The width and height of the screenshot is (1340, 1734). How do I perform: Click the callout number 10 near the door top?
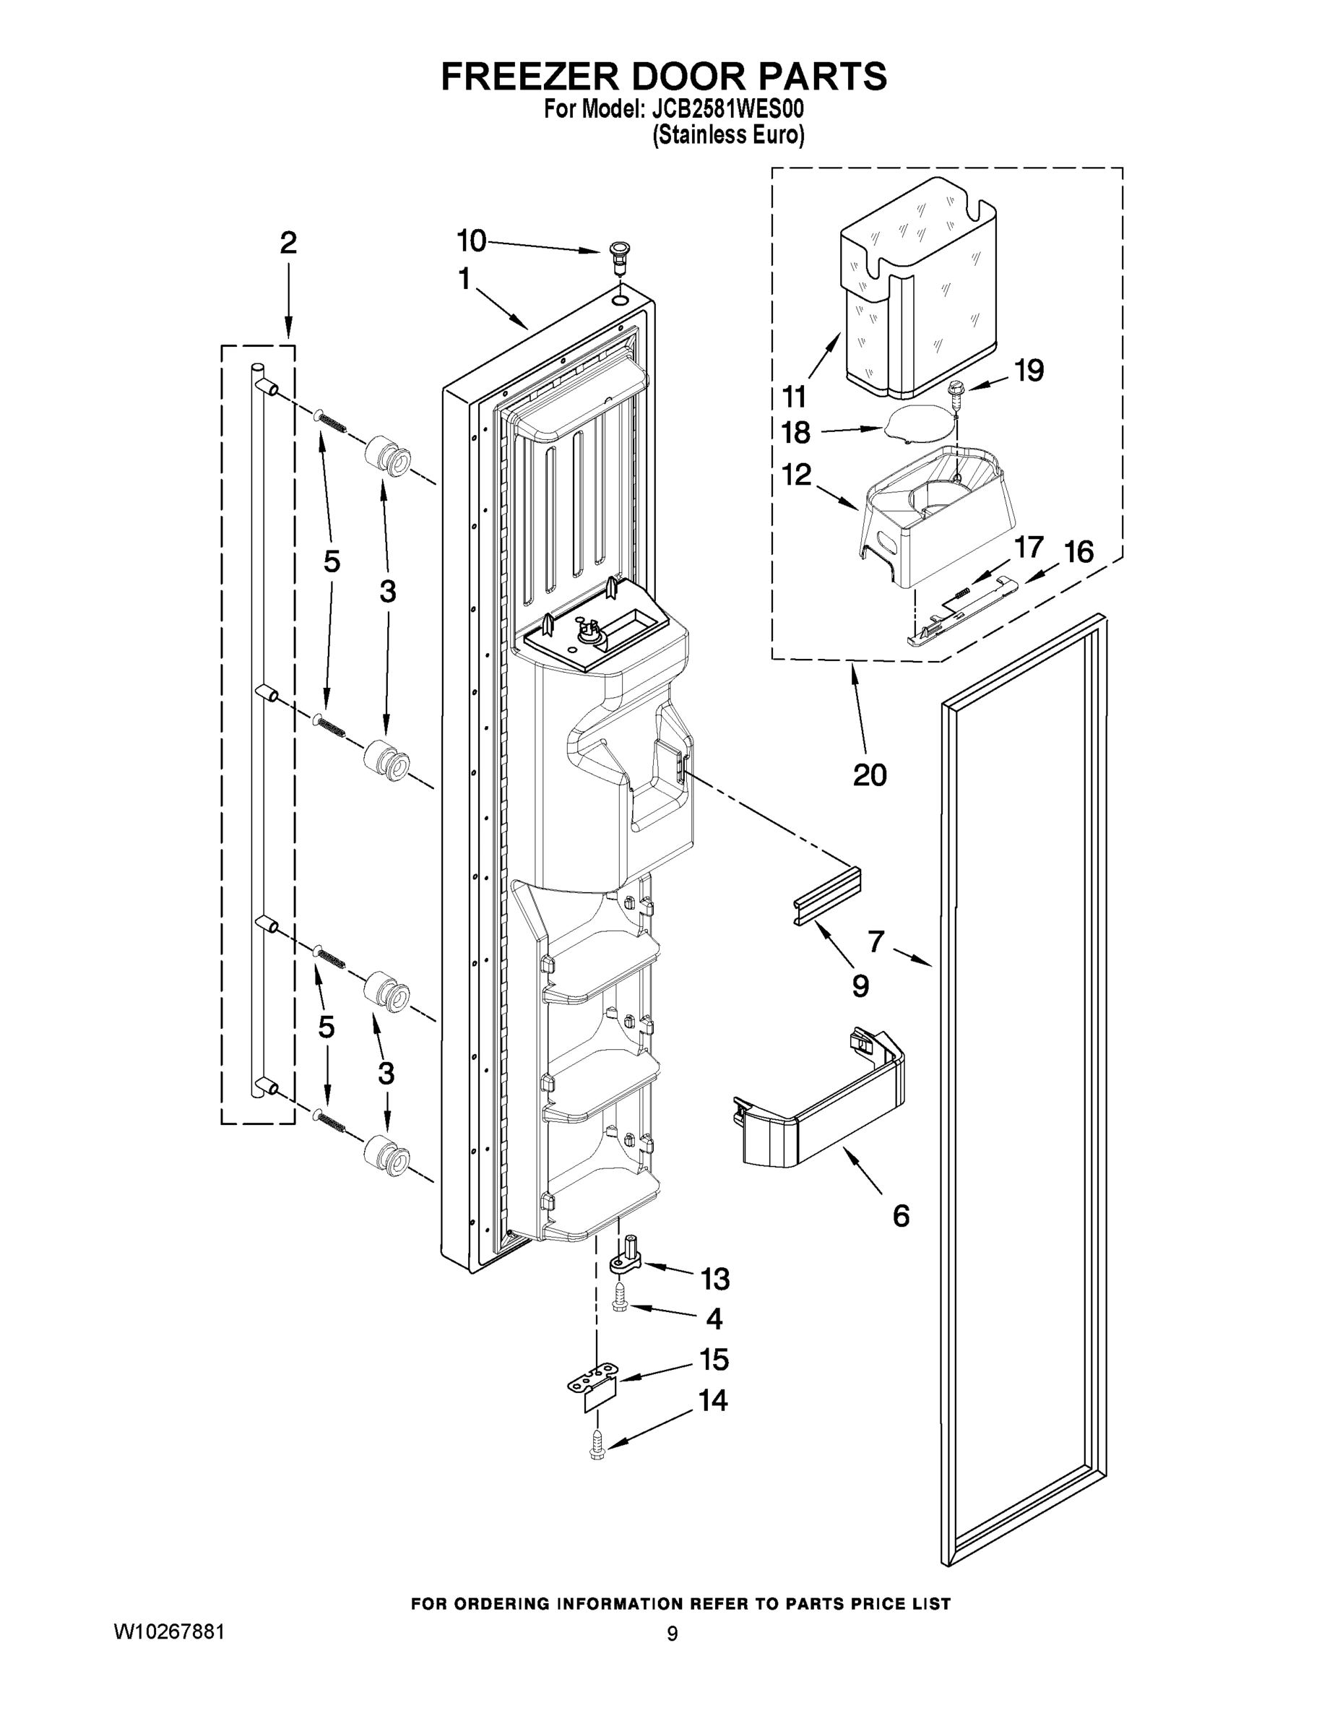[x=471, y=240]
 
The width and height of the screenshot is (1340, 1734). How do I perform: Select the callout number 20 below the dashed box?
[x=869, y=774]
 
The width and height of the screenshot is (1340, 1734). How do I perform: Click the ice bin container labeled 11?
[x=918, y=290]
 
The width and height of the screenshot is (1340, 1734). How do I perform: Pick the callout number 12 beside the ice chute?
[x=796, y=475]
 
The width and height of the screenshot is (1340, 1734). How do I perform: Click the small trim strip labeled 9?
[x=827, y=894]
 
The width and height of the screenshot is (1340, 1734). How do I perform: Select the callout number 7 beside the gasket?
[x=876, y=941]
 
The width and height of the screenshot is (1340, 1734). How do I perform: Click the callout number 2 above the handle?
[x=288, y=242]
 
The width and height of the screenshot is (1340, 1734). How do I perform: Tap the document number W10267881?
[x=169, y=1631]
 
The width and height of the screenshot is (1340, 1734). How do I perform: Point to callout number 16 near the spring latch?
[x=1078, y=551]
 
